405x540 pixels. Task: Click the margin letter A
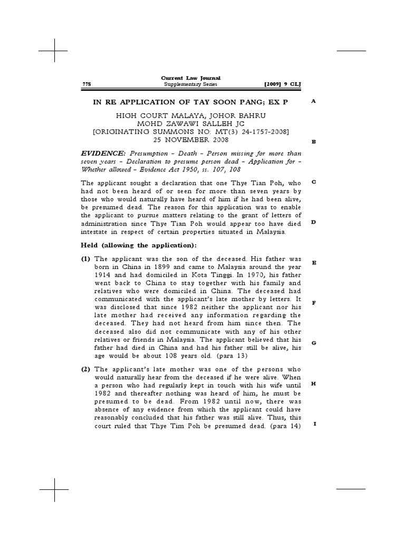click(313, 101)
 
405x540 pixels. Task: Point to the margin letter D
click(313, 222)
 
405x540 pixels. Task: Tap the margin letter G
click(313, 343)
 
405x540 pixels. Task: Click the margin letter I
click(313, 424)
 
